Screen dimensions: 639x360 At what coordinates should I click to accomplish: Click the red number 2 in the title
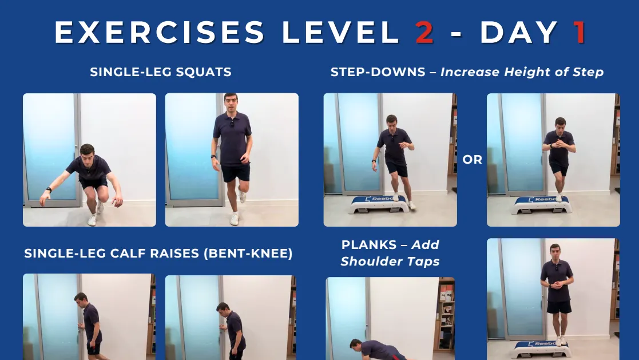click(x=424, y=32)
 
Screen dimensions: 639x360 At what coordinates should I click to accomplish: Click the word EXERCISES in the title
click(x=160, y=32)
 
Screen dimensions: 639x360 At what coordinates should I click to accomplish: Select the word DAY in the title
click(x=519, y=32)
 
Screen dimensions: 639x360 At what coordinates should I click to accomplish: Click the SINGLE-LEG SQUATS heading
click(x=161, y=72)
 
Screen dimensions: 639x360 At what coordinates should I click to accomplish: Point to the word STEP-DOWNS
click(x=378, y=72)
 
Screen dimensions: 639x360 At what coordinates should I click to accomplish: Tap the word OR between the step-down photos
click(x=473, y=160)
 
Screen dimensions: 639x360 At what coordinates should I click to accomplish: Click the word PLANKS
click(x=369, y=244)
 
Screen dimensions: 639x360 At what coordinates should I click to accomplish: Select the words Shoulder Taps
click(x=390, y=262)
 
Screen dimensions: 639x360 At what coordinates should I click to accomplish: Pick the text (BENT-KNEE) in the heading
click(x=248, y=253)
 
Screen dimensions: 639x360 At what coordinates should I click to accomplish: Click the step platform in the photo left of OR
click(x=379, y=204)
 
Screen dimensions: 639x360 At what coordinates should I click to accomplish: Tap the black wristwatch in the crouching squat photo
click(x=49, y=189)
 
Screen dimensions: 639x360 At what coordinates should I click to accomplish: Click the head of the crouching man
click(x=87, y=152)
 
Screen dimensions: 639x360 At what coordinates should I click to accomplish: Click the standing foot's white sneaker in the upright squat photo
click(x=234, y=219)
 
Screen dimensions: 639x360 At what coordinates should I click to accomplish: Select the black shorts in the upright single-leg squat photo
click(x=236, y=172)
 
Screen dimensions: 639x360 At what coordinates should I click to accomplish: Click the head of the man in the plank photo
click(x=356, y=345)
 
